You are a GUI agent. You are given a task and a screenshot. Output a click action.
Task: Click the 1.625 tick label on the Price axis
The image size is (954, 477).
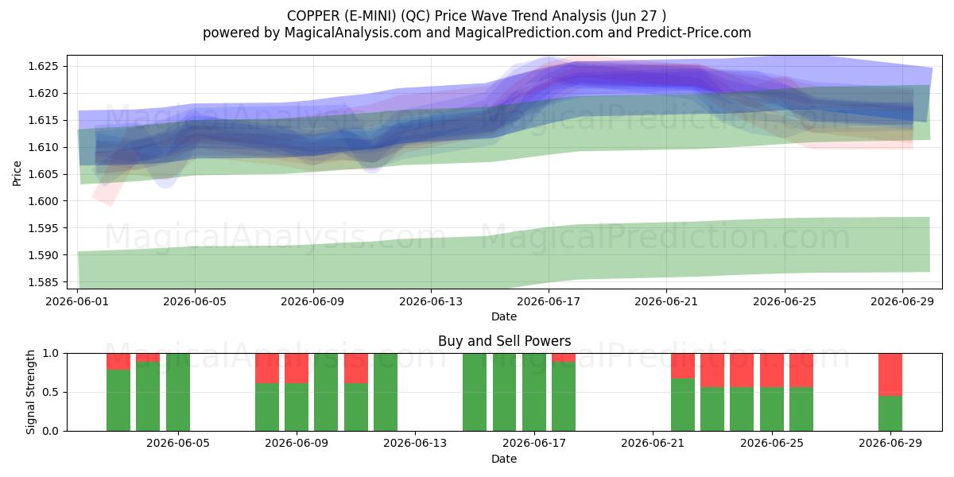pyautogui.click(x=43, y=67)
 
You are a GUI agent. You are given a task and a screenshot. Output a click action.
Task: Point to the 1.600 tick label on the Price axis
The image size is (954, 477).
pyautogui.click(x=43, y=201)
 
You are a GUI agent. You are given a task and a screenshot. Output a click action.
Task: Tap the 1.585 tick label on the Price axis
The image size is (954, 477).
pyautogui.click(x=43, y=282)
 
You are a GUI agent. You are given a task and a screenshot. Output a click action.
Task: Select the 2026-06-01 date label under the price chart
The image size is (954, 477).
pyautogui.click(x=77, y=301)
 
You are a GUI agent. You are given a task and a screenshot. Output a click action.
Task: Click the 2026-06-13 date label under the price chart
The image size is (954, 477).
pyautogui.click(x=431, y=301)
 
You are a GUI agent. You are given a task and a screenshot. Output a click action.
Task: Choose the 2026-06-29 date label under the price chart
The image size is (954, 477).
pyautogui.click(x=902, y=301)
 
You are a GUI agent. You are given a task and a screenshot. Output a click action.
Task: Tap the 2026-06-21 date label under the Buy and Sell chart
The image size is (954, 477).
pyautogui.click(x=653, y=444)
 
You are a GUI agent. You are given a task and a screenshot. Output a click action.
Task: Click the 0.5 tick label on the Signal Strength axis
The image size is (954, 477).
pyautogui.click(x=50, y=392)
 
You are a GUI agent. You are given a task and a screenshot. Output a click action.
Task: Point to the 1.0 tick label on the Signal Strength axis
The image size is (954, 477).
pyautogui.click(x=50, y=354)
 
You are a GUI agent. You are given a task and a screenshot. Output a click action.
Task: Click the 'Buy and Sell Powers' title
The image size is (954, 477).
pyautogui.click(x=504, y=341)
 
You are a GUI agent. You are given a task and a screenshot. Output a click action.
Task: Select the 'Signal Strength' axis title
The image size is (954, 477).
pyautogui.click(x=30, y=392)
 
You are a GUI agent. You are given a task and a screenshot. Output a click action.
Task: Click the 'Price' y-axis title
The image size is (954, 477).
pyautogui.click(x=17, y=174)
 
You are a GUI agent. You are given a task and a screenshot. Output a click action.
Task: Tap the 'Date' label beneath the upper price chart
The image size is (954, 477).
pyautogui.click(x=504, y=316)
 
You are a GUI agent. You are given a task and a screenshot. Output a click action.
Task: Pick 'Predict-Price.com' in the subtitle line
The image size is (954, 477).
pyautogui.click(x=694, y=33)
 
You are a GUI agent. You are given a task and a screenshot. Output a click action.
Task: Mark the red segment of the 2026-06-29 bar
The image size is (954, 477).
pyautogui.click(x=890, y=374)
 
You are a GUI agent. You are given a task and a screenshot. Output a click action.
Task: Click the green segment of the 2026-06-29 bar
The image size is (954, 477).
pyautogui.click(x=890, y=413)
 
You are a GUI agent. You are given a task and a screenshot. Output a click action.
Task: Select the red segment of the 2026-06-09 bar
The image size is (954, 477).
pyautogui.click(x=297, y=368)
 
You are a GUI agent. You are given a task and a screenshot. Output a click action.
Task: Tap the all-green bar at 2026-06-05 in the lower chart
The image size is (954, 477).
pyautogui.click(x=178, y=392)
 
